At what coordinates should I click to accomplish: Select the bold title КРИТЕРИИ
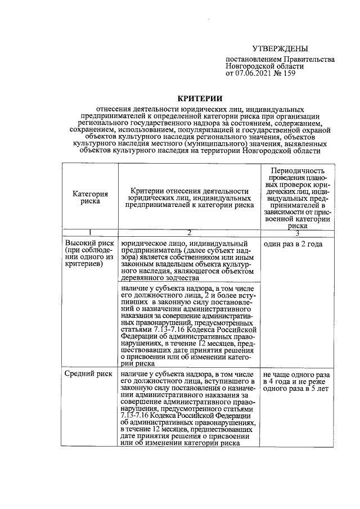coord(200,98)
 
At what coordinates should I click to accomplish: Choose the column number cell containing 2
coord(189,232)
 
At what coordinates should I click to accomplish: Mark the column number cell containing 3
coord(298,232)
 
